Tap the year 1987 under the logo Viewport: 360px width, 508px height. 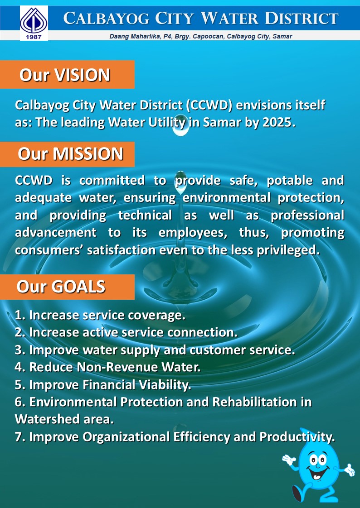(34, 37)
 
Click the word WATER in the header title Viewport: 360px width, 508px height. (229, 18)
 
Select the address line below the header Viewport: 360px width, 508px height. (201, 36)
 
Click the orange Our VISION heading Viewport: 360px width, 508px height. (67, 75)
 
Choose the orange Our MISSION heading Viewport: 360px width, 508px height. (67, 154)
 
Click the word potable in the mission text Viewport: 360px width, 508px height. (290, 181)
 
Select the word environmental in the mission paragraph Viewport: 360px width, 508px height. (226, 197)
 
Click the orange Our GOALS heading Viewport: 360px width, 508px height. (67, 287)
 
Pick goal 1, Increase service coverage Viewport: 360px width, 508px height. (100, 315)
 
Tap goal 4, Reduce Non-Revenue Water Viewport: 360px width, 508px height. (107, 367)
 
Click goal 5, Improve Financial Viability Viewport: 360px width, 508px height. (103, 384)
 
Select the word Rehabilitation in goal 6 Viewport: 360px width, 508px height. (255, 402)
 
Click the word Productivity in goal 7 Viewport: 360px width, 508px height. (297, 437)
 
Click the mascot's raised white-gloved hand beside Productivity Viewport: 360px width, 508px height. (289, 460)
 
